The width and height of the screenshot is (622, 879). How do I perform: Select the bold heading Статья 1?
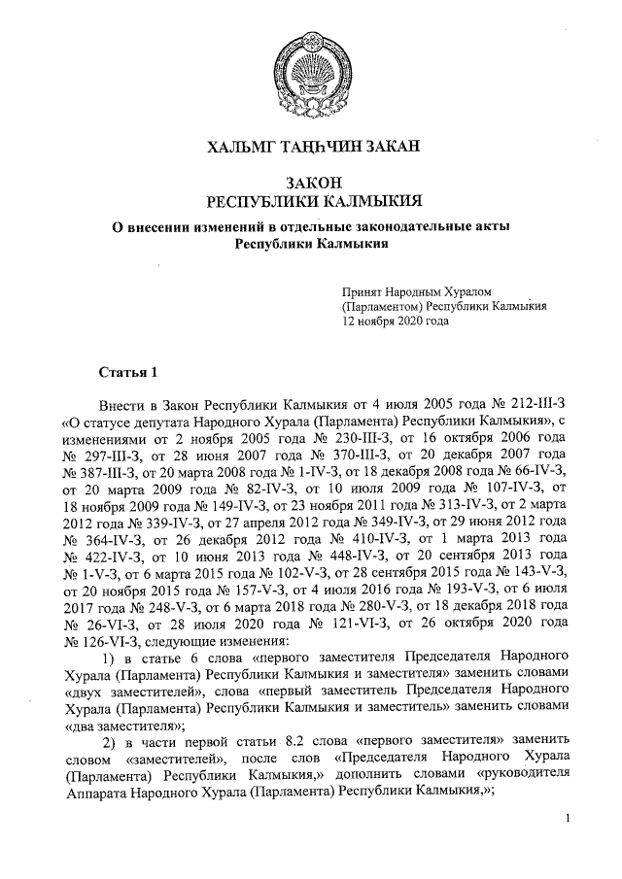click(127, 372)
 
